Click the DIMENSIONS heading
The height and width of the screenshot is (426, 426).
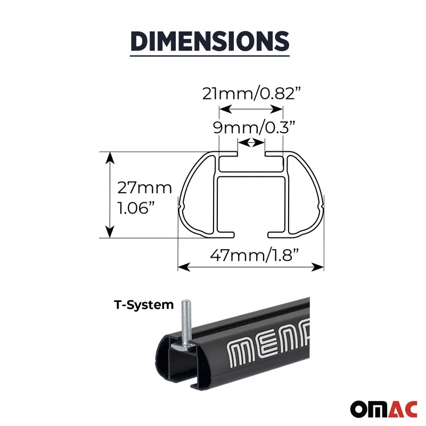pyautogui.click(x=210, y=42)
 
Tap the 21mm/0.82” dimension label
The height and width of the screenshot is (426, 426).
pyautogui.click(x=252, y=94)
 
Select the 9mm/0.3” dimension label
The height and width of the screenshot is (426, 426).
pyautogui.click(x=254, y=127)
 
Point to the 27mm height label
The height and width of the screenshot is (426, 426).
pyautogui.click(x=144, y=188)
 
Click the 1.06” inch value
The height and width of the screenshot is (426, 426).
pyautogui.click(x=136, y=208)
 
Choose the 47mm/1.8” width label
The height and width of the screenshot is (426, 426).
pyautogui.click(x=255, y=255)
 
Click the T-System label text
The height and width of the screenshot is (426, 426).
pyautogui.click(x=144, y=305)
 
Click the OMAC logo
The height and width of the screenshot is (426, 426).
pyautogui.click(x=383, y=409)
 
